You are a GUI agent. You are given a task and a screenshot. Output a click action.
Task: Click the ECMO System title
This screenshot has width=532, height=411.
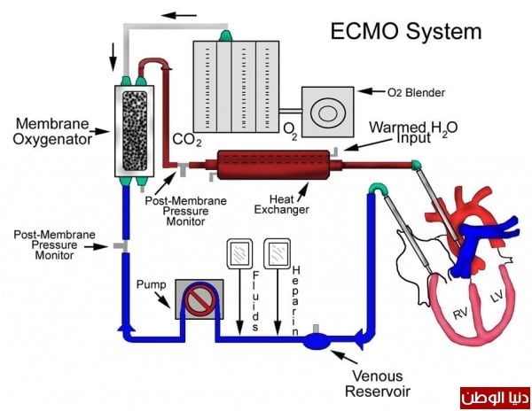[x=406, y=33]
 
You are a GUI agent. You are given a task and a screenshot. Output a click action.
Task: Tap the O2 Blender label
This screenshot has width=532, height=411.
[x=417, y=91]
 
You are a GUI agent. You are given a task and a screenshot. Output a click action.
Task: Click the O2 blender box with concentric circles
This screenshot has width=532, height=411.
[x=327, y=112]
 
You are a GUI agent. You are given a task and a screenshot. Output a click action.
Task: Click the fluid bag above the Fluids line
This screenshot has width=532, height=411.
[x=239, y=255]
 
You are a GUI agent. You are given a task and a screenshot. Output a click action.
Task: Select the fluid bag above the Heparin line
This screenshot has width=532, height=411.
[x=278, y=255]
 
